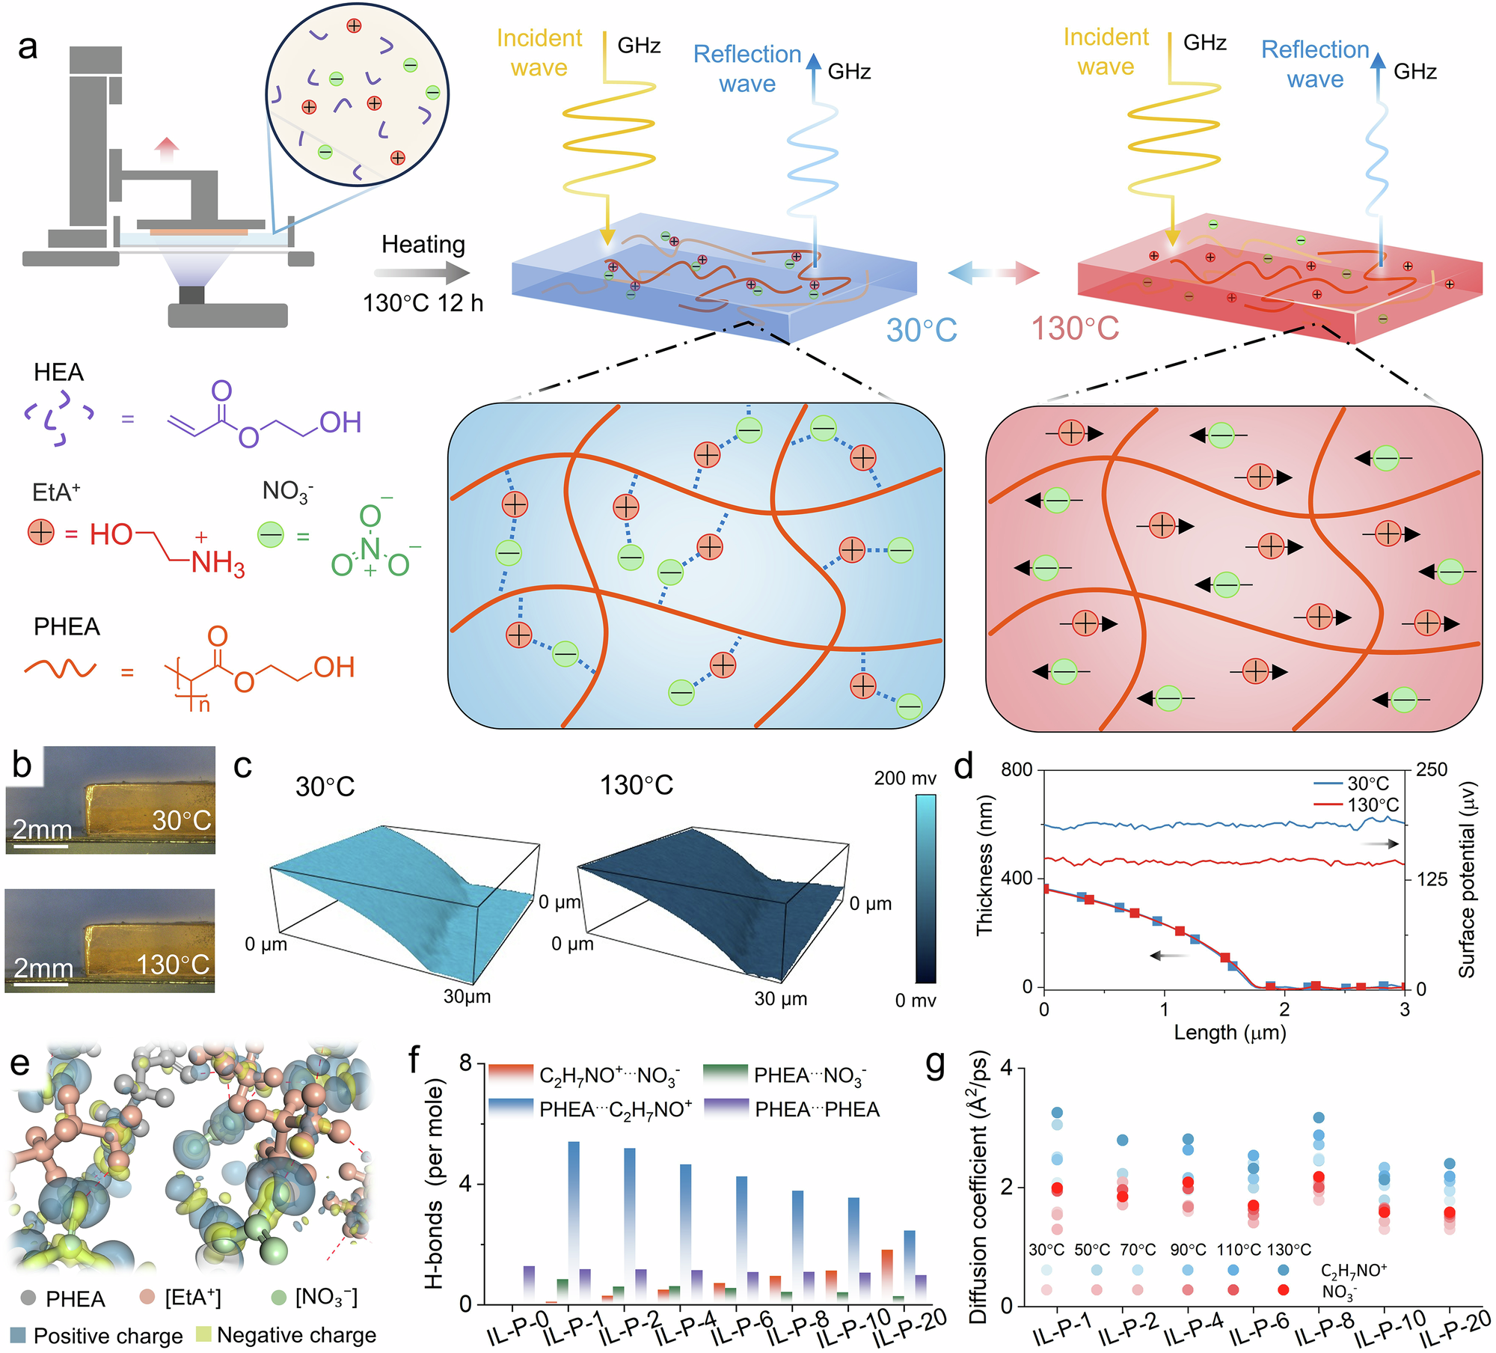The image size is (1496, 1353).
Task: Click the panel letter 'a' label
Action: (28, 47)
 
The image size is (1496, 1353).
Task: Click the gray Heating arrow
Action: (423, 273)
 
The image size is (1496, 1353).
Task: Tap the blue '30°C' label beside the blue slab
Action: (922, 330)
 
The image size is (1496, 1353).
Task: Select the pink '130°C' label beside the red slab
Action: (1075, 329)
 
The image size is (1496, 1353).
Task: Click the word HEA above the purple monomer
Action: (58, 372)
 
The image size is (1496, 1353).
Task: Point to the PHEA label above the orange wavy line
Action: (67, 626)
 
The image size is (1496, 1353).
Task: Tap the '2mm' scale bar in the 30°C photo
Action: (41, 846)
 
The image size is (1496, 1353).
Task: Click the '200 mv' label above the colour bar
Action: (905, 778)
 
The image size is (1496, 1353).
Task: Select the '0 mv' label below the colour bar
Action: (916, 1001)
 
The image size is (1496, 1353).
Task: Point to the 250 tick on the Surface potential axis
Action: (1432, 770)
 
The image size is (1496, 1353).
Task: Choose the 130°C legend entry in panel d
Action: (1355, 805)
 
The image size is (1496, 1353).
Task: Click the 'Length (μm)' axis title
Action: (1230, 1033)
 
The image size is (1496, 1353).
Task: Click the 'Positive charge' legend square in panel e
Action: (19, 1335)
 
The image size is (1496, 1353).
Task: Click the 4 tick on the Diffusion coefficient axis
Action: (1006, 1068)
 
